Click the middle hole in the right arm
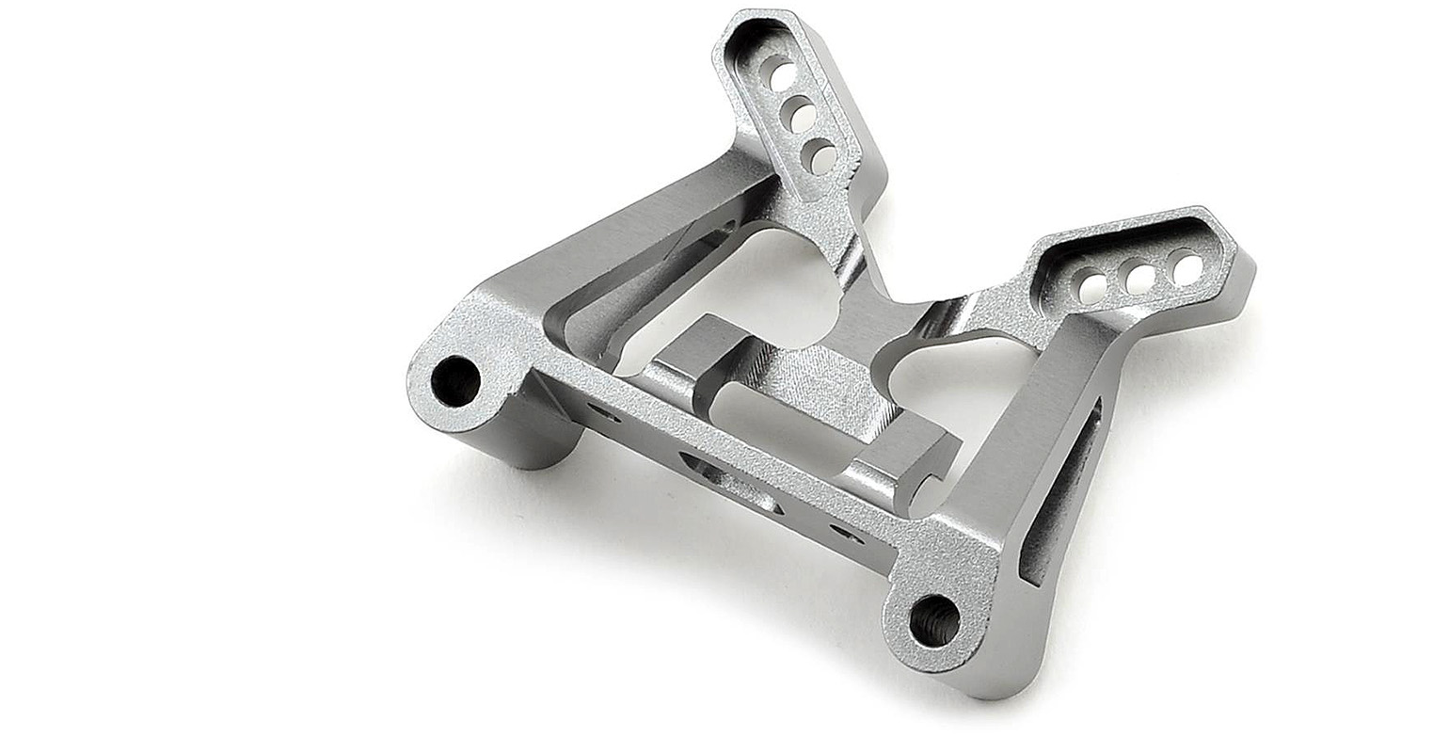pos(1140,277)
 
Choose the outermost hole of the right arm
pos(1187,267)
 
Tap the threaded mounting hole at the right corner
pos(935,620)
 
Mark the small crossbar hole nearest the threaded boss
pos(844,533)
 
